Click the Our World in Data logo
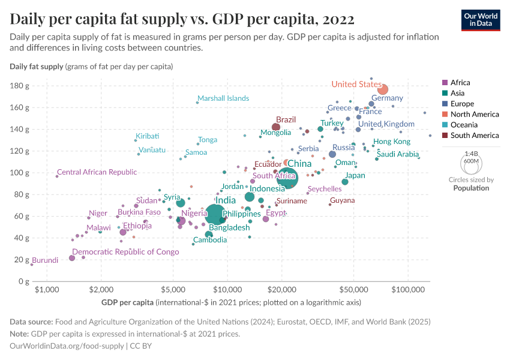click(481, 19)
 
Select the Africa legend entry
click(460, 83)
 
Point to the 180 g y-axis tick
click(20, 86)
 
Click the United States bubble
click(382, 89)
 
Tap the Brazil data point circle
click(276, 127)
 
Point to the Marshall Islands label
click(223, 98)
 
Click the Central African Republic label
click(97, 172)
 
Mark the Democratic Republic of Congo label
click(125, 252)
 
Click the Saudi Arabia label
click(397, 154)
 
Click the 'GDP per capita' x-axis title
click(127, 301)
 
